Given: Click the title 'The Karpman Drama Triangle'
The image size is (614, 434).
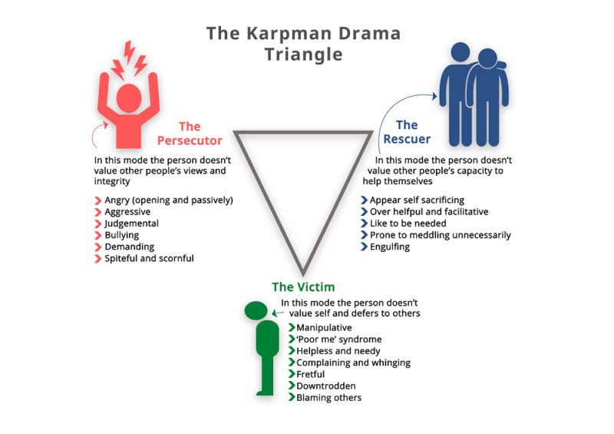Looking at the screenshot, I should point(303,45).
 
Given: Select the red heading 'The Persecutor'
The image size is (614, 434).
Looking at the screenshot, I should point(190,134).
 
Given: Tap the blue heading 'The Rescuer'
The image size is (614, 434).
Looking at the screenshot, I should point(407,132).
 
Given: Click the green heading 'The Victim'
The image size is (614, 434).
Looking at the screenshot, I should point(302,287).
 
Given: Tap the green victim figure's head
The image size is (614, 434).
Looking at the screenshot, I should point(256,310).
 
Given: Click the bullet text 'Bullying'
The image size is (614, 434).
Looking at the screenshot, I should point(122,235).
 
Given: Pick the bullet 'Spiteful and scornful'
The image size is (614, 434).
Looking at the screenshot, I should point(149,258).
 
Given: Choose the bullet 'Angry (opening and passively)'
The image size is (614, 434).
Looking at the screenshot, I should point(169,200).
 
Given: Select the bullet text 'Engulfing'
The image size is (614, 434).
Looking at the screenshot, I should point(390,247).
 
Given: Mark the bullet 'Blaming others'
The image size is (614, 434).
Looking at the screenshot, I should point(328,397).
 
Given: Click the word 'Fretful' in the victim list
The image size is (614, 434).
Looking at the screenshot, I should point(311,374).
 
